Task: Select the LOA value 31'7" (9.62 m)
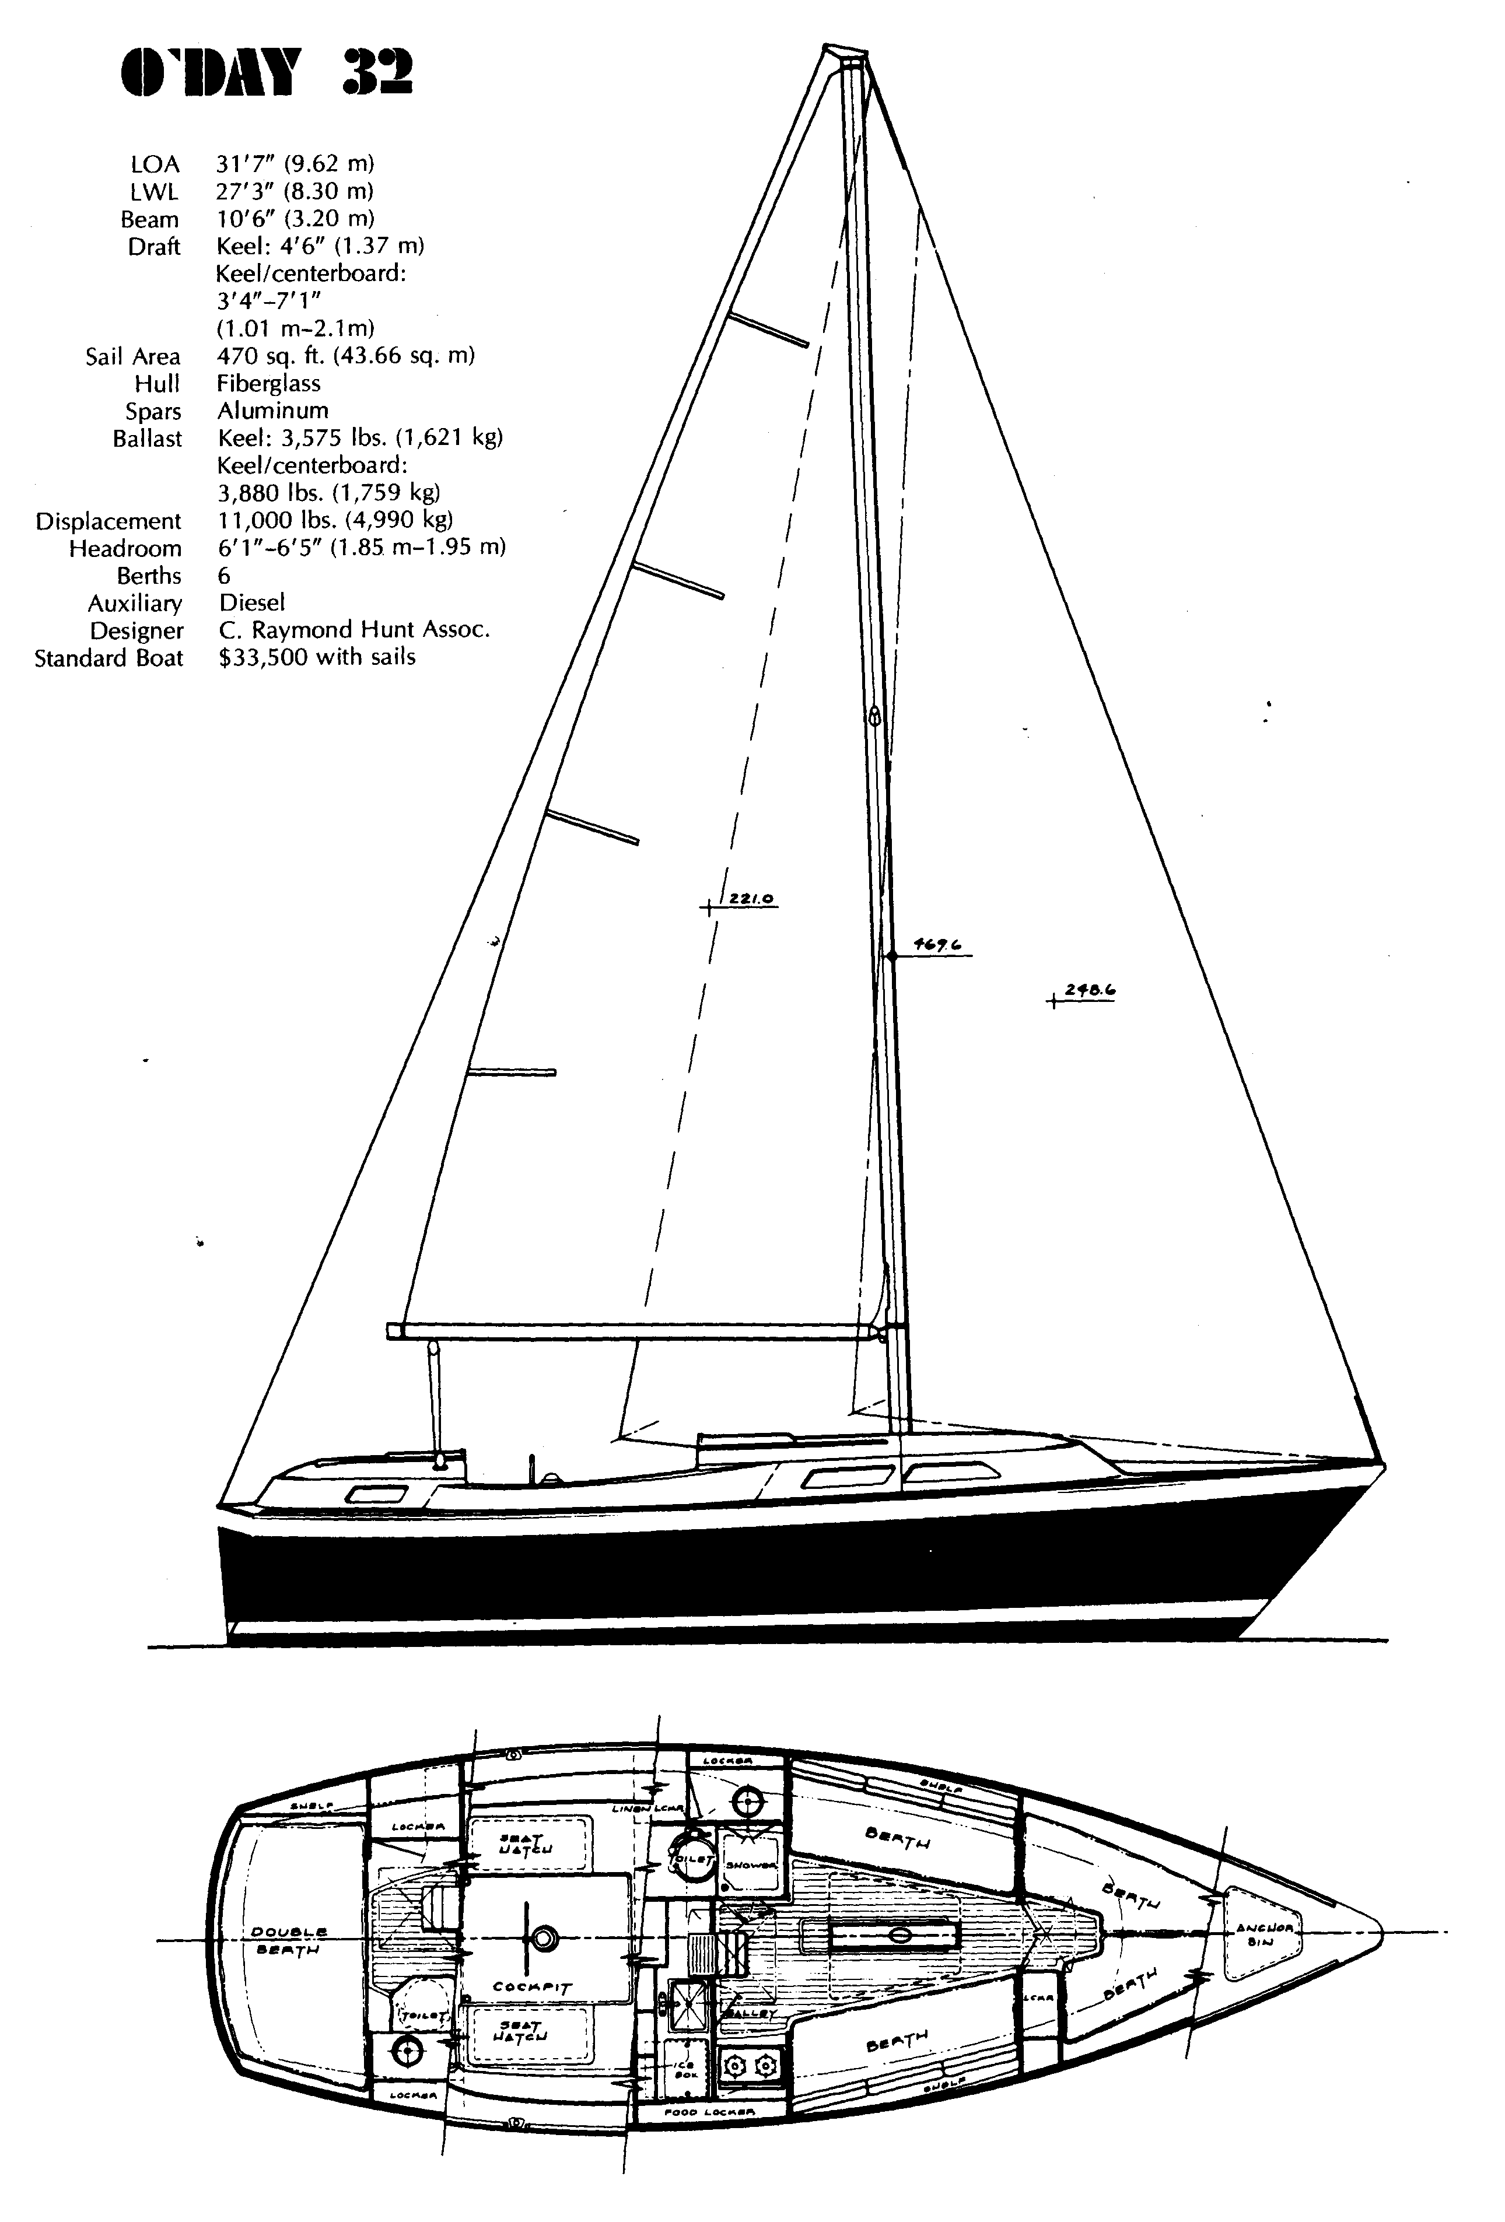(x=295, y=163)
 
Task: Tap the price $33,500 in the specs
(x=317, y=658)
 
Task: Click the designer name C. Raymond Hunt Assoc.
(x=353, y=630)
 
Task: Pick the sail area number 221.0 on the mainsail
(x=751, y=899)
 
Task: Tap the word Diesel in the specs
(x=251, y=602)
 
